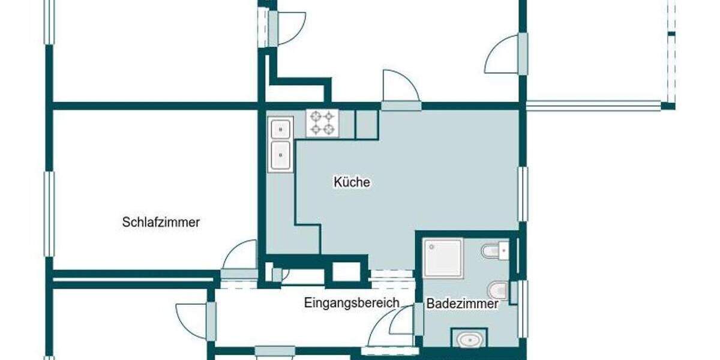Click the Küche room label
click(352, 182)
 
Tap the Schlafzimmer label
click(161, 222)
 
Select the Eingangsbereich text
click(351, 302)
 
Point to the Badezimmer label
click(462, 304)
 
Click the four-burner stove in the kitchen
click(322, 123)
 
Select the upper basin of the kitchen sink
click(280, 129)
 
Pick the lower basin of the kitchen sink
click(280, 155)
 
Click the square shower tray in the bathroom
click(443, 259)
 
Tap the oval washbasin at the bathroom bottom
click(469, 340)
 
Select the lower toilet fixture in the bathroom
click(497, 291)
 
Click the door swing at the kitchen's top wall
click(400, 87)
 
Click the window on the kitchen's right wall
click(523, 194)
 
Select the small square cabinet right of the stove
click(366, 124)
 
